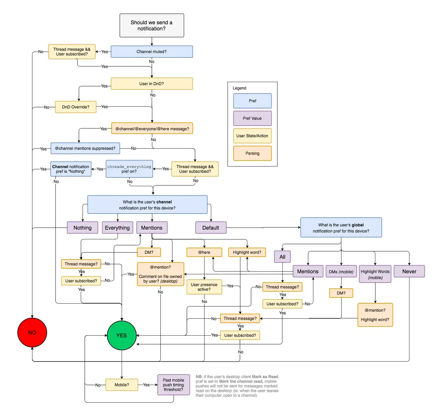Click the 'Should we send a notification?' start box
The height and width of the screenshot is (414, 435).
coord(152,25)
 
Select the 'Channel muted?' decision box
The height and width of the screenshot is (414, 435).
coord(152,52)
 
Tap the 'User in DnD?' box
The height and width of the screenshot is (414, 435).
coord(152,84)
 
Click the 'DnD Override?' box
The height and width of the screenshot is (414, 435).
coord(76,107)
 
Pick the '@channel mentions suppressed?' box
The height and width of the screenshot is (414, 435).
coord(85,148)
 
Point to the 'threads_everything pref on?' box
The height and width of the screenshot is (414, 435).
coord(129,169)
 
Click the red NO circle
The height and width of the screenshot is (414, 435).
coord(32,333)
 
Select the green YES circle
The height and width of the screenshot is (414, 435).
coord(122,336)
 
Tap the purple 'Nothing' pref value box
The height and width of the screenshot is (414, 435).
coord(82,228)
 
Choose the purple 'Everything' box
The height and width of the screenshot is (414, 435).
coord(117,228)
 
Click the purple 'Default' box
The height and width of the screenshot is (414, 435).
coord(210,228)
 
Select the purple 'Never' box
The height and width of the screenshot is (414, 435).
coord(409,272)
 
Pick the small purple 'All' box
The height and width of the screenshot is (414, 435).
coord(282,257)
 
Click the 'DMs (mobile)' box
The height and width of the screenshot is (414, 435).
coord(341,272)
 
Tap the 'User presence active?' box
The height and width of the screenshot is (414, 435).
coord(204,287)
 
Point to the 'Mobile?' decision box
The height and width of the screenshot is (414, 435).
coord(122,385)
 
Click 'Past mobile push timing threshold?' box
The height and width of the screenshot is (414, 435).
coord(173,385)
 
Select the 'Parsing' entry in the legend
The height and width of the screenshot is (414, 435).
coord(253,153)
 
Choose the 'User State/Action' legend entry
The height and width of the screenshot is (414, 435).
coord(253,136)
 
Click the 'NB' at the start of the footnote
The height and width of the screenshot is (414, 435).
coord(199,377)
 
